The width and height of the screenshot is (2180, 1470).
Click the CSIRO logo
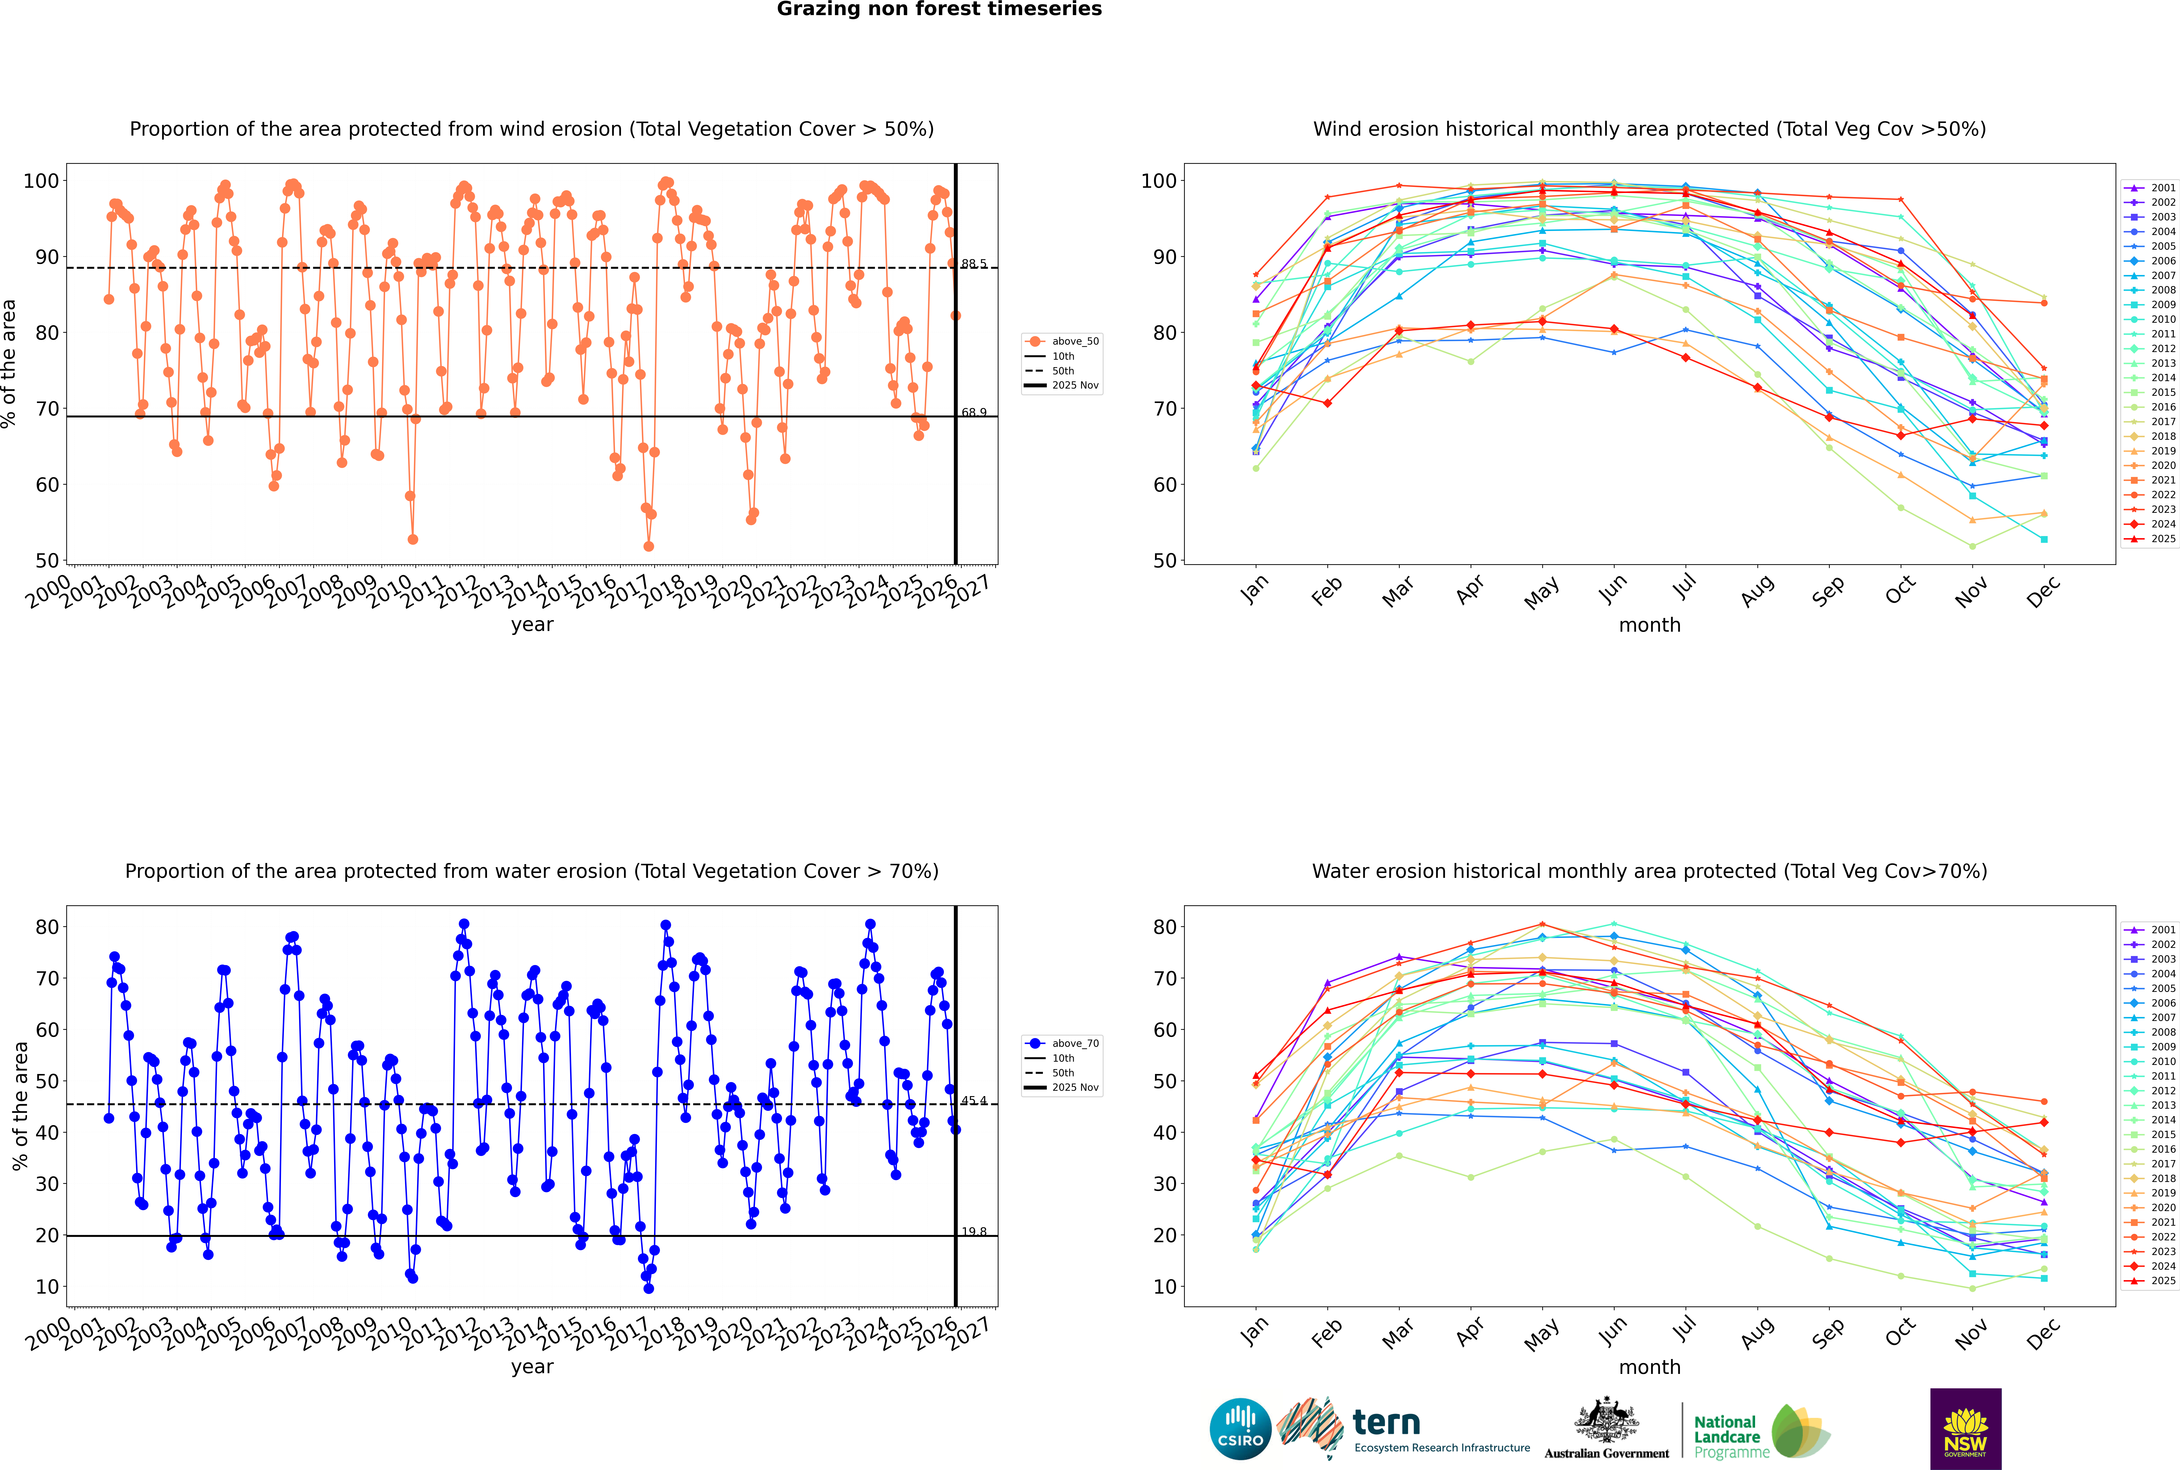(x=1240, y=1430)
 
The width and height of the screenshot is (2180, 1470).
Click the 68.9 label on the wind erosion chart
(x=974, y=413)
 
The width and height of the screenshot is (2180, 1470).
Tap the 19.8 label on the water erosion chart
(x=974, y=1232)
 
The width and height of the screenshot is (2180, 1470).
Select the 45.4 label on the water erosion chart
(x=974, y=1101)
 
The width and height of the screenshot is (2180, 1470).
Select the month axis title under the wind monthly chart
(x=1649, y=625)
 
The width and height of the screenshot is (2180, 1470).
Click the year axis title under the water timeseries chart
(x=532, y=1367)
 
